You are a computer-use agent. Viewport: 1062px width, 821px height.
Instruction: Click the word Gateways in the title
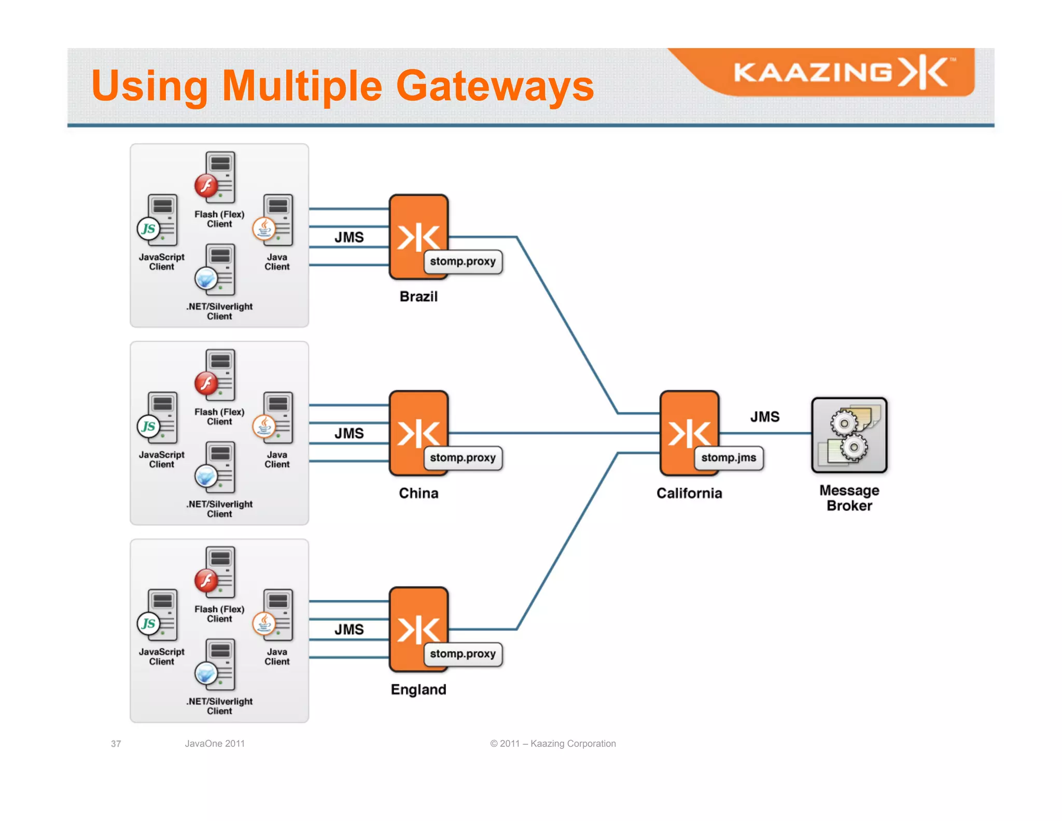[495, 86]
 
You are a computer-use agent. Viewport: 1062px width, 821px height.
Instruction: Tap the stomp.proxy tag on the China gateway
[463, 458]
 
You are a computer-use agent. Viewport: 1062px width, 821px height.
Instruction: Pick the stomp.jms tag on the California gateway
[729, 458]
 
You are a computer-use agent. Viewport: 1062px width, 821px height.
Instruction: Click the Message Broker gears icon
[849, 435]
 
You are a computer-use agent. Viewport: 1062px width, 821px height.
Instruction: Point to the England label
[418, 689]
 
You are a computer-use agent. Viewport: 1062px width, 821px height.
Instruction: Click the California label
[689, 493]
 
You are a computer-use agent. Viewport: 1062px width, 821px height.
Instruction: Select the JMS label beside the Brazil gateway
[349, 237]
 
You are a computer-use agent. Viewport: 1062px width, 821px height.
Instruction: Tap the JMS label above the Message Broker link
[765, 417]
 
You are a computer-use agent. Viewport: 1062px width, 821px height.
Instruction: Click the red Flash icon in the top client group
[206, 185]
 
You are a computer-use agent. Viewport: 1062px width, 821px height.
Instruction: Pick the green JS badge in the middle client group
[148, 426]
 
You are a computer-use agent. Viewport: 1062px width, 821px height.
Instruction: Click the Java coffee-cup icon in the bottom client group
[264, 623]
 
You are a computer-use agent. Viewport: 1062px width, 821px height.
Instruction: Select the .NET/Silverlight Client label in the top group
[219, 311]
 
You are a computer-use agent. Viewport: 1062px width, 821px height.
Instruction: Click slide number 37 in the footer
[116, 744]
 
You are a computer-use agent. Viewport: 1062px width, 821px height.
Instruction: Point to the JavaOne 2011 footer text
[215, 744]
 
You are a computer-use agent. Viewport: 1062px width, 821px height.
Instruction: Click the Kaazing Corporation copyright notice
[553, 744]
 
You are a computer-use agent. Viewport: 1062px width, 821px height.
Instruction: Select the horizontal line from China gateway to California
[550, 433]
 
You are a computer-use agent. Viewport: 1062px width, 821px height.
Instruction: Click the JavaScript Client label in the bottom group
[161, 656]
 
